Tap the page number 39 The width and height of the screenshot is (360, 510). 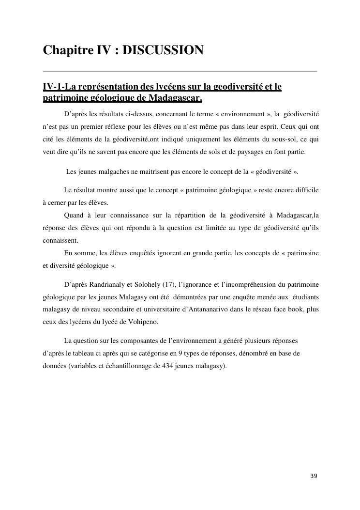[x=314, y=476]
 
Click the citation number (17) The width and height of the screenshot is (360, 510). [x=173, y=284]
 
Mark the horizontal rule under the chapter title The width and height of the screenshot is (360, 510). [x=180, y=71]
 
